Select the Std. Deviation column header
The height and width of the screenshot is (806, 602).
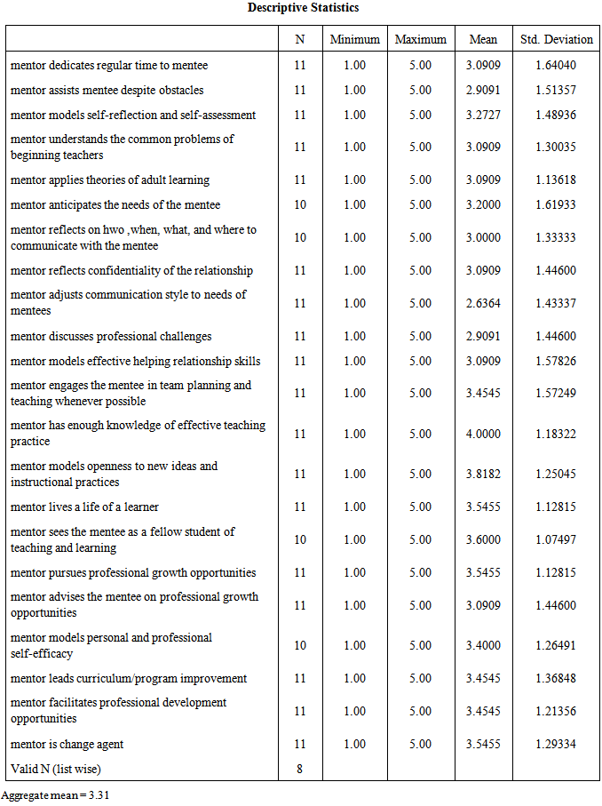point(556,39)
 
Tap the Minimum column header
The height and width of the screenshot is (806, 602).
point(354,39)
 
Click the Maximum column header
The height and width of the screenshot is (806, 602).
point(420,39)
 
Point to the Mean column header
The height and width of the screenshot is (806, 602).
point(483,39)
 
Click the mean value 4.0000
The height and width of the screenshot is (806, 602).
point(484,434)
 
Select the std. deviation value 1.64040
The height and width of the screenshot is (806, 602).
point(556,65)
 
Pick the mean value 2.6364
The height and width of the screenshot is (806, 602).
point(484,303)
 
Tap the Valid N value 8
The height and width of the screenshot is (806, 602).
point(300,769)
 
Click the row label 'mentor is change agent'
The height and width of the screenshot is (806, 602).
point(67,744)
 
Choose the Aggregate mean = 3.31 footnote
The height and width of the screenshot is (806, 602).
point(55,795)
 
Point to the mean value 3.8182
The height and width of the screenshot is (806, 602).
point(484,474)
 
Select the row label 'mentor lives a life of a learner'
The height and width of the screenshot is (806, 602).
point(85,507)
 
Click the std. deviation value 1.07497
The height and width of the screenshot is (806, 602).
point(556,539)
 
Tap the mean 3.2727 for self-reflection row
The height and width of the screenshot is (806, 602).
point(484,115)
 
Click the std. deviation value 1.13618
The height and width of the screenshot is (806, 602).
point(556,180)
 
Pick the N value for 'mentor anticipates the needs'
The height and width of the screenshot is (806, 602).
point(300,204)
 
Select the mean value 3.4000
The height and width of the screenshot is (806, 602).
point(484,645)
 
